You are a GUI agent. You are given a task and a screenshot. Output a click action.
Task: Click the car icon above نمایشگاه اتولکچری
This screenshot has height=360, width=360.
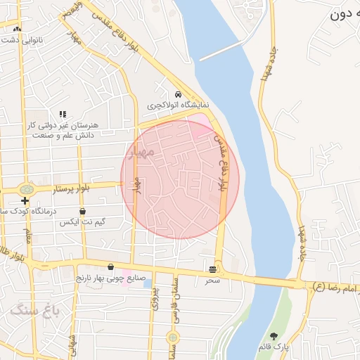click(179, 94)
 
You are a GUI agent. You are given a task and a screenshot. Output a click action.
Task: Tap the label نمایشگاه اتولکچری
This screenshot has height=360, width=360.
click(179, 105)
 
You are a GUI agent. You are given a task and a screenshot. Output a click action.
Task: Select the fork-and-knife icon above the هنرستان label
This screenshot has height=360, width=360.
click(63, 114)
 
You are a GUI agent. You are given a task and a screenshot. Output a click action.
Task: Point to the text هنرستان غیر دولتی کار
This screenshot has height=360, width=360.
click(63, 124)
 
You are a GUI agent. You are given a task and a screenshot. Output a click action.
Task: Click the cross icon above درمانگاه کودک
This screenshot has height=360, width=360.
click(25, 201)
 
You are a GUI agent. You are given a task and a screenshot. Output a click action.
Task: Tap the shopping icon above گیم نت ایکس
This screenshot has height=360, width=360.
click(83, 212)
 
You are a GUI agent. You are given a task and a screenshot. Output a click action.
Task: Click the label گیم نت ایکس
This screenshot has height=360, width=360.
click(83, 222)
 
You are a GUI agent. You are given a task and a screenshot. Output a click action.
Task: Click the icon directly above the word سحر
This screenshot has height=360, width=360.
click(213, 269)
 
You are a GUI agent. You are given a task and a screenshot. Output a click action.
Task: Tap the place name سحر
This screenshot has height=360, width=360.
click(213, 280)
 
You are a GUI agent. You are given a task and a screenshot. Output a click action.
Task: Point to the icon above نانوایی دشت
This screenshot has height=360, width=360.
click(17, 30)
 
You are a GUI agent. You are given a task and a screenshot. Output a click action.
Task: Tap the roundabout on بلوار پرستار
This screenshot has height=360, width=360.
click(27, 189)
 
